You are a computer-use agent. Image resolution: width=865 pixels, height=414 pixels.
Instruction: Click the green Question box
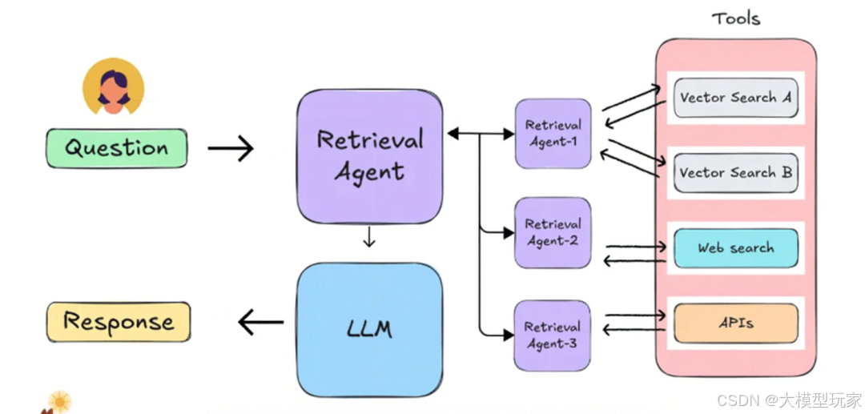[x=116, y=148]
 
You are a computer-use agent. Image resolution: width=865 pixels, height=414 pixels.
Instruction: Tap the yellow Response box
[x=119, y=322]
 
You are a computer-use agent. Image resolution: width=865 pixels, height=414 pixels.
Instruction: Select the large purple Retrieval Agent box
[x=369, y=156]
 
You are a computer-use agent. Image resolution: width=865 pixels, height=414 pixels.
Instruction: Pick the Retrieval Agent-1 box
[x=553, y=134]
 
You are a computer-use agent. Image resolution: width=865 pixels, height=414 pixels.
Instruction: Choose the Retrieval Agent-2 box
[x=553, y=232]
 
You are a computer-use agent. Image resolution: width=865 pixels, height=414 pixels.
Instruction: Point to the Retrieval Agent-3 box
[x=553, y=336]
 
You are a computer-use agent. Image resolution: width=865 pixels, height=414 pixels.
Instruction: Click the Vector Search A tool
[x=735, y=98]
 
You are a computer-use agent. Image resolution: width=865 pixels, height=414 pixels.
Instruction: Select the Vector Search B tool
[x=735, y=173]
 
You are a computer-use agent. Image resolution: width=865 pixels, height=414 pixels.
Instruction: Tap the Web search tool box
[x=735, y=248]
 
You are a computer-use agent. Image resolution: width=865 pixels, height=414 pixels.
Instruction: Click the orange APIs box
[x=735, y=324]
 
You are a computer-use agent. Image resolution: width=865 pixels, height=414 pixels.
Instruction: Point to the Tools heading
[x=735, y=18]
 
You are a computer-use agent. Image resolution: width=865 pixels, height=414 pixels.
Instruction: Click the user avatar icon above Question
[x=114, y=86]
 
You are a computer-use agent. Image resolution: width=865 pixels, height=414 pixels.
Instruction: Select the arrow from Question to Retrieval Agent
[x=231, y=148]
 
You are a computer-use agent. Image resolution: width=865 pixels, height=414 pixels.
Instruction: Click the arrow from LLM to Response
[x=261, y=323]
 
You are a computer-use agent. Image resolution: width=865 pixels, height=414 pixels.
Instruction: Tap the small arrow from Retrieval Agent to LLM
[x=368, y=238]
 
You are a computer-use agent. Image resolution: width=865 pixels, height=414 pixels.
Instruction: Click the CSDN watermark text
[x=789, y=400]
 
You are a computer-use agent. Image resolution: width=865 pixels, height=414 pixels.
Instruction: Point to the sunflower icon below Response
[x=59, y=401]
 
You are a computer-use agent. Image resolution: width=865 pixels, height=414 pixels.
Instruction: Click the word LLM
[x=369, y=328]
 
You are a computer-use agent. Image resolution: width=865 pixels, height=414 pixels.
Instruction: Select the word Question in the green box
[x=116, y=148]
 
